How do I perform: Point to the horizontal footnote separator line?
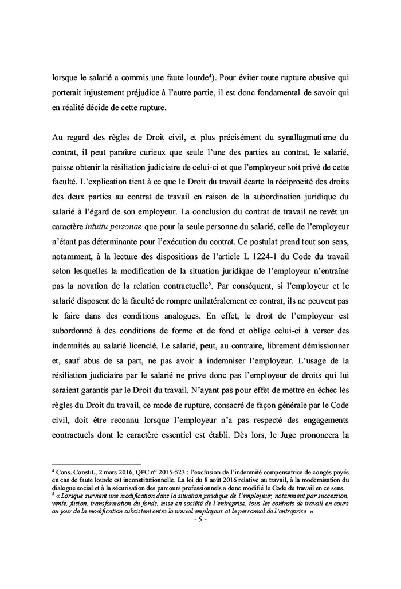96,464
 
